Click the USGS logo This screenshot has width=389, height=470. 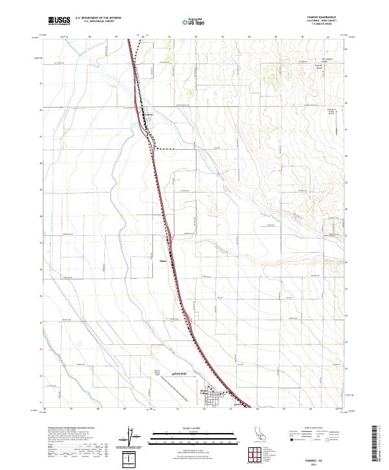pos(59,21)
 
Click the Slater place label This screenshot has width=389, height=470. pos(163,263)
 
